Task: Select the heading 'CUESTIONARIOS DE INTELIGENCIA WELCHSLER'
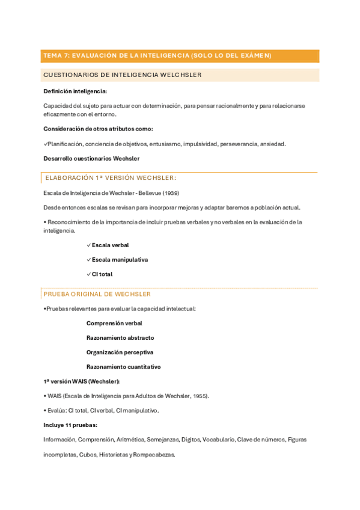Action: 122,75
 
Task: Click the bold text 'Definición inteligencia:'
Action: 75,91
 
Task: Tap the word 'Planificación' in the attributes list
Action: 66,144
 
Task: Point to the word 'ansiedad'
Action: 273,144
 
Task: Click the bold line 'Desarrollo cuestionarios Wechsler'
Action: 91,159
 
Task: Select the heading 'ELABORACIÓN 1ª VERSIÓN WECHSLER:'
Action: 111,178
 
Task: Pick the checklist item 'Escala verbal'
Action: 110,245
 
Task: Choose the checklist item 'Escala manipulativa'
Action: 120,260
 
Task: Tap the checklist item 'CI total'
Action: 102,274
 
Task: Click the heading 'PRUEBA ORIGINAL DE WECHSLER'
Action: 97,294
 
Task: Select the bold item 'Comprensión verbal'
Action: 114,323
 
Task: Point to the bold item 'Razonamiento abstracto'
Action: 120,338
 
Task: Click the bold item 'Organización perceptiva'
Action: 120,352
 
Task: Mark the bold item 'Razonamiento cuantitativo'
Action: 123,367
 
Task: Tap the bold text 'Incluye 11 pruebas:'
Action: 70,425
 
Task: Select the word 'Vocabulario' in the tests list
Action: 219,440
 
